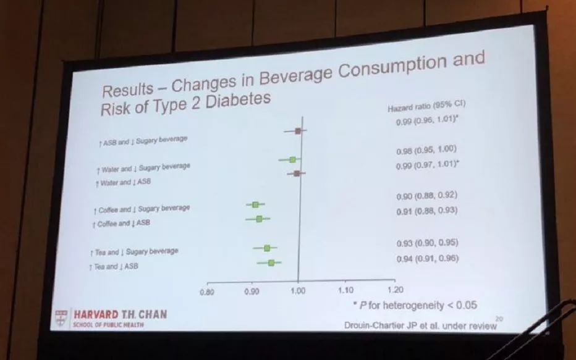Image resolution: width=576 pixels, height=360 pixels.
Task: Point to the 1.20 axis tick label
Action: pyautogui.click(x=394, y=290)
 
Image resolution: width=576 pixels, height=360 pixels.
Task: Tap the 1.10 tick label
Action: pyautogui.click(x=345, y=290)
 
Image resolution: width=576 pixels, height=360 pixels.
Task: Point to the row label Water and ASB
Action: pyautogui.click(x=123, y=182)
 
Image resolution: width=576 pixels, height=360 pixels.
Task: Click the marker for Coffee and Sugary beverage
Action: pyautogui.click(x=255, y=204)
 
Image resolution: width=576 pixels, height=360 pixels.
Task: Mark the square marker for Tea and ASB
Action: pyautogui.click(x=271, y=263)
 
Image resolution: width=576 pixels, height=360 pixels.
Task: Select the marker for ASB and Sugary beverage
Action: pyautogui.click(x=298, y=131)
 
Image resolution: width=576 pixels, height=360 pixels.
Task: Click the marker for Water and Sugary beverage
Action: pyautogui.click(x=292, y=159)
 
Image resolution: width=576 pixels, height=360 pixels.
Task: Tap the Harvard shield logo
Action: pyautogui.click(x=61, y=317)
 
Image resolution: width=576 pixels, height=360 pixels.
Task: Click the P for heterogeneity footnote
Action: pyautogui.click(x=415, y=305)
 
